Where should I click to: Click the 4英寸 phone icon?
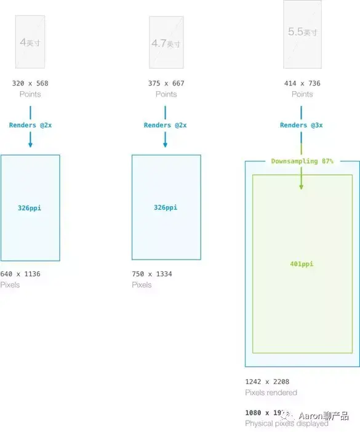click(x=30, y=42)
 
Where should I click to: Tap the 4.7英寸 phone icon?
click(x=166, y=42)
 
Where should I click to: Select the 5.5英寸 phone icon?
click(x=302, y=34)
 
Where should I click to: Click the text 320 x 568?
click(x=30, y=83)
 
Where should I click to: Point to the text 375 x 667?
click(x=166, y=83)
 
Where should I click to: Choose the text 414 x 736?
click(x=302, y=83)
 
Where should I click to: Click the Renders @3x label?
click(x=302, y=125)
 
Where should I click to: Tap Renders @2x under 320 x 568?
click(x=30, y=125)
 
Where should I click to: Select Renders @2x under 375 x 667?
click(x=166, y=125)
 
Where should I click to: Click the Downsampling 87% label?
click(x=302, y=161)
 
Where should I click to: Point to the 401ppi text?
click(x=302, y=264)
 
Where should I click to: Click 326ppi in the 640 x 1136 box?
click(x=30, y=208)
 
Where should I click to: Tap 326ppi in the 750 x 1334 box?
click(x=166, y=207)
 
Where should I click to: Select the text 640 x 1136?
click(x=20, y=274)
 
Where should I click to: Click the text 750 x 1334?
click(x=152, y=274)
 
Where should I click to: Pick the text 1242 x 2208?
click(x=267, y=382)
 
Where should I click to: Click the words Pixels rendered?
click(x=271, y=393)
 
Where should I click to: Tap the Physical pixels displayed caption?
click(x=286, y=424)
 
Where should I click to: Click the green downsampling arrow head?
click(x=302, y=186)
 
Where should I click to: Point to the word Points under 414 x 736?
click(x=302, y=94)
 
